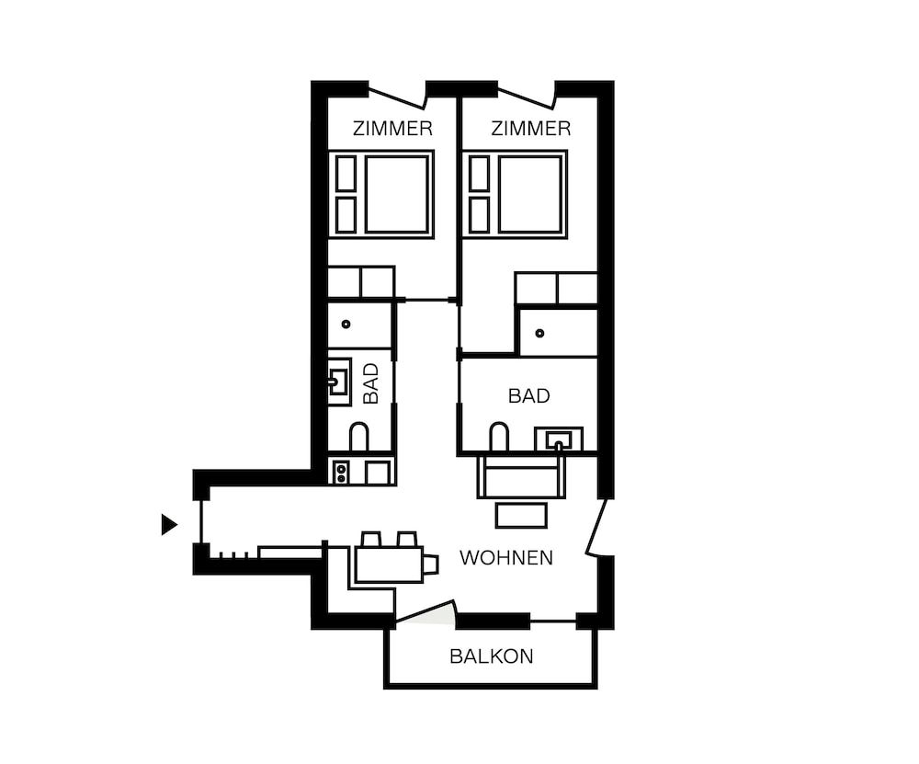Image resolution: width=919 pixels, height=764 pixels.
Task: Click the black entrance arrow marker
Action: click(169, 524)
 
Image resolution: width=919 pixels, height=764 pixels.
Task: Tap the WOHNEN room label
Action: click(506, 558)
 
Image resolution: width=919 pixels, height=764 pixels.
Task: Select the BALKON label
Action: click(491, 656)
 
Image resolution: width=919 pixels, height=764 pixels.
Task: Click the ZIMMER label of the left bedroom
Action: click(392, 129)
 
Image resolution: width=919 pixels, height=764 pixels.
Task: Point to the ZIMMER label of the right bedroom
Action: click(530, 129)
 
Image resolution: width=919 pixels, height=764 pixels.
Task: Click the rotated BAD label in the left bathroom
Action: click(371, 383)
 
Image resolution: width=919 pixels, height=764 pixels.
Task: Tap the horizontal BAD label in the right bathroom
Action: click(528, 395)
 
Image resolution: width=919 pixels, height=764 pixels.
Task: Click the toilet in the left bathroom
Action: click(359, 436)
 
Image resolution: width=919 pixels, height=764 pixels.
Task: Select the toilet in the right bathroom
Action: click(499, 436)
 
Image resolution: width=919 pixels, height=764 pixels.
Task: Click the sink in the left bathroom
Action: click(339, 382)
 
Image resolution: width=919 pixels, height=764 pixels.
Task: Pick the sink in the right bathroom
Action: click(559, 439)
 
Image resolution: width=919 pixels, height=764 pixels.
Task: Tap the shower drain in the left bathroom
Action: click(346, 324)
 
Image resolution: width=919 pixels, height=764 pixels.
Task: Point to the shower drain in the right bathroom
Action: click(539, 333)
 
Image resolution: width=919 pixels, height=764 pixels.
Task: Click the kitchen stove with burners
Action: click(341, 472)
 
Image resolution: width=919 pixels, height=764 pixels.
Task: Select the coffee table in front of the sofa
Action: click(521, 516)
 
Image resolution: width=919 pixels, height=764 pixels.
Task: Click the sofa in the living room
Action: click(522, 475)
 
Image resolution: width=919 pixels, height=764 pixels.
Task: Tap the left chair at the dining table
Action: click(371, 539)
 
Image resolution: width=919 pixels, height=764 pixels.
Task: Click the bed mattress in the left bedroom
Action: click(397, 194)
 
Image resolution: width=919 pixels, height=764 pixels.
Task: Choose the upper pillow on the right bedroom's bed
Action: click(480, 173)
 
